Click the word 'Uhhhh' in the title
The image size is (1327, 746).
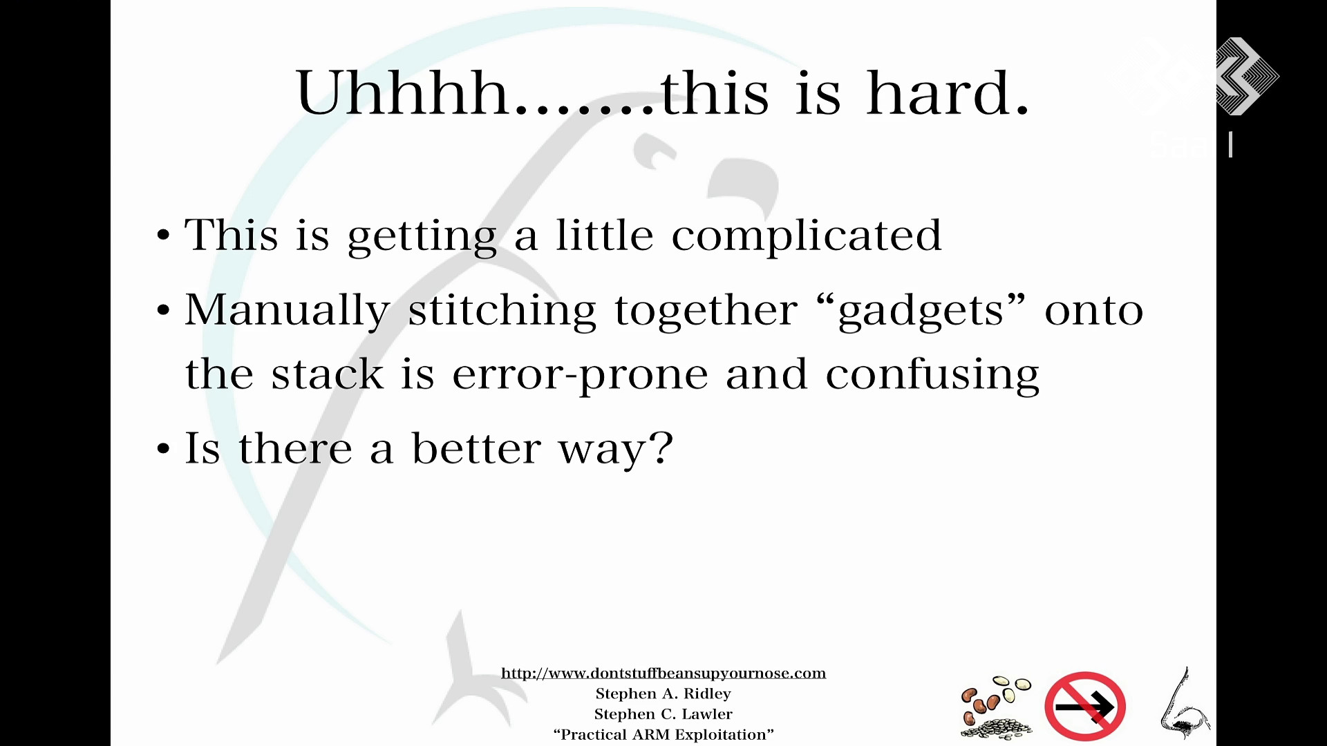coord(403,93)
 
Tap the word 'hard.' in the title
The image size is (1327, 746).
coord(948,93)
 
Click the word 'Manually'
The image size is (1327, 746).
coord(287,311)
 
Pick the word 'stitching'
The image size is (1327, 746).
coord(502,311)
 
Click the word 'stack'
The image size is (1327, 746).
coord(327,374)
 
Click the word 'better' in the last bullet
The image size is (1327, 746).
coord(476,448)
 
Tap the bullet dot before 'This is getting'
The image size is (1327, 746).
coord(163,236)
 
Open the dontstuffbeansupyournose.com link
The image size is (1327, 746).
coord(663,673)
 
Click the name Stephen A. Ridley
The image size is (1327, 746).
coord(663,694)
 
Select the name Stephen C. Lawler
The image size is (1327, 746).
coord(663,714)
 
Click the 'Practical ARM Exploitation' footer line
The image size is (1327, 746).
coord(663,735)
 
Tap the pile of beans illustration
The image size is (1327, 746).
coord(997,707)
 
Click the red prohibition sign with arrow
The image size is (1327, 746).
coord(1085,706)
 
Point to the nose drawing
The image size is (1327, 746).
coord(1183,703)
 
